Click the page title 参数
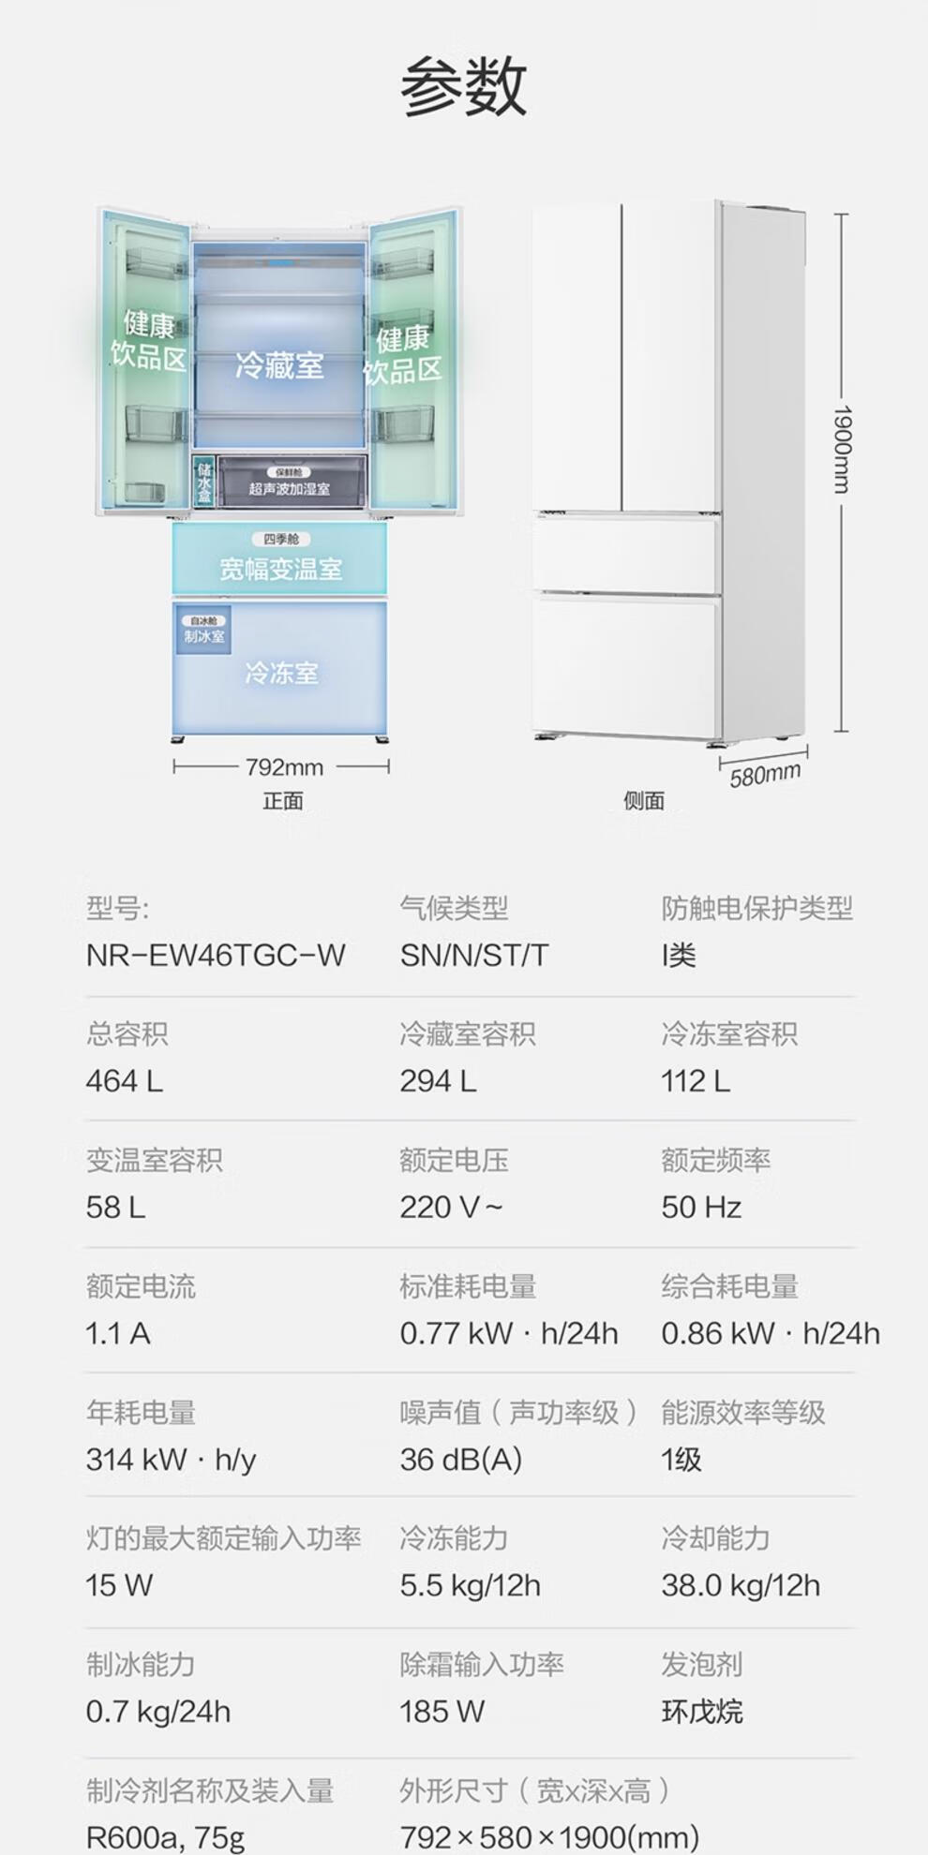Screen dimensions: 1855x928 coord(463,86)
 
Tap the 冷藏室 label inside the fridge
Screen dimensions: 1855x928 coord(279,365)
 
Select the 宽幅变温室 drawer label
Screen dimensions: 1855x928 coord(280,569)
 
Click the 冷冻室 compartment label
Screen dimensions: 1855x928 coord(281,673)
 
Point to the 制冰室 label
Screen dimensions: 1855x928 coord(203,636)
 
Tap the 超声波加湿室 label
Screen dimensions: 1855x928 coord(289,489)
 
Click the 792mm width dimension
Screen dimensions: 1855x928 coord(283,767)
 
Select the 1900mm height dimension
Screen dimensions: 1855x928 coord(842,449)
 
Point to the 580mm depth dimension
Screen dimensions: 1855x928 coord(765,775)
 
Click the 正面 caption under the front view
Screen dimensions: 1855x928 coord(282,801)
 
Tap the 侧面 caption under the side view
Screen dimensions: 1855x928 coord(644,801)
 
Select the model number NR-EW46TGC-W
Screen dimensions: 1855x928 coord(216,956)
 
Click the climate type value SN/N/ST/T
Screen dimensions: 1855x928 coord(473,956)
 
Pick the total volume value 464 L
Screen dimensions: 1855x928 coord(124,1081)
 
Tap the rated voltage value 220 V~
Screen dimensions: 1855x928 coord(451,1207)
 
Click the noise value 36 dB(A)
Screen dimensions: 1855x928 coord(460,1460)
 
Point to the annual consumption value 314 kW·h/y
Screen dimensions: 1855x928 coord(171,1460)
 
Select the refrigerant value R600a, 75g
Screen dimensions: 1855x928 coord(165,1837)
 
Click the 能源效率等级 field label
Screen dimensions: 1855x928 coord(742,1413)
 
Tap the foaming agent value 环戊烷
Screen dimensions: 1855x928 coord(701,1712)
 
